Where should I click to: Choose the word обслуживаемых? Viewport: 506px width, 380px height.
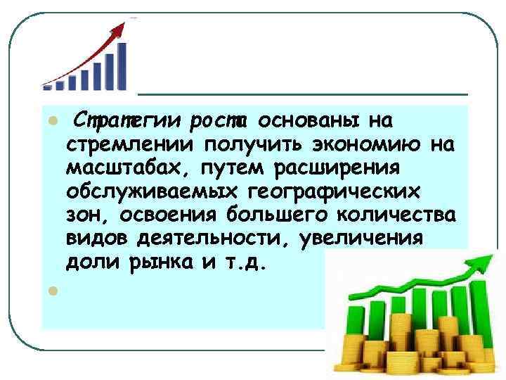coord(154,192)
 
